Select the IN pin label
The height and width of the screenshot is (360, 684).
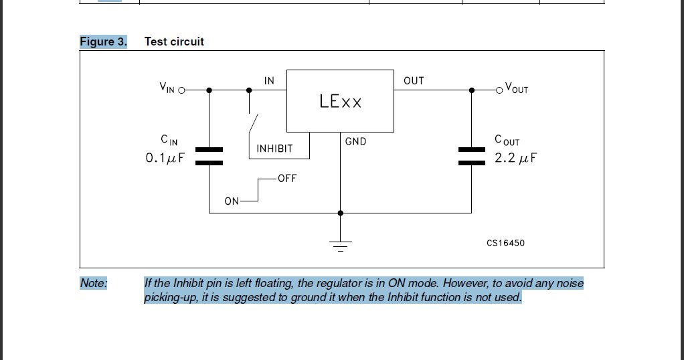(x=269, y=81)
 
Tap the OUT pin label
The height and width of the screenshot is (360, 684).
(x=413, y=81)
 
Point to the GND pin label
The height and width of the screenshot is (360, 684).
(x=355, y=141)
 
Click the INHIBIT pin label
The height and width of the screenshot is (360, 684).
(x=274, y=149)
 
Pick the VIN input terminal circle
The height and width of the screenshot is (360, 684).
(x=181, y=90)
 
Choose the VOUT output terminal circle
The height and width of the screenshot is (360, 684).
(x=499, y=90)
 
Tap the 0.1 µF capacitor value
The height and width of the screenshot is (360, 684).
(x=165, y=159)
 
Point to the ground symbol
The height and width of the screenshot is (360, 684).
(x=341, y=245)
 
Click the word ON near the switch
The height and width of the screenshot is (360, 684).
(x=232, y=201)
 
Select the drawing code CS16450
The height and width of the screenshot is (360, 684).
(x=505, y=243)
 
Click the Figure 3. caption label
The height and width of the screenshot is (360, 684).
(x=103, y=41)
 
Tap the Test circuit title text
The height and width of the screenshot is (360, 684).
(x=174, y=41)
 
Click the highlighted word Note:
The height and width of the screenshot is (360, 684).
(x=93, y=283)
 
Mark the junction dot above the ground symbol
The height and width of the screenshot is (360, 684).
(x=341, y=213)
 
